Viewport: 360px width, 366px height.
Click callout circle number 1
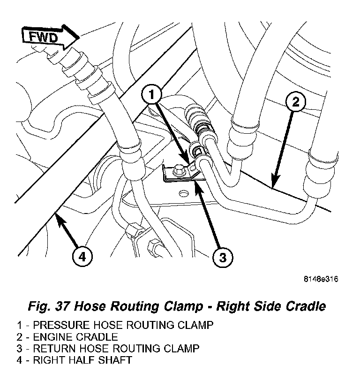click(x=151, y=95)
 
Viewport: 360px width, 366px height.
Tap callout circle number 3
click(x=223, y=257)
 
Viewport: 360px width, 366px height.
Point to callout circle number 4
click(x=82, y=257)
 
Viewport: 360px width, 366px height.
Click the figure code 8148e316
click(x=321, y=280)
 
